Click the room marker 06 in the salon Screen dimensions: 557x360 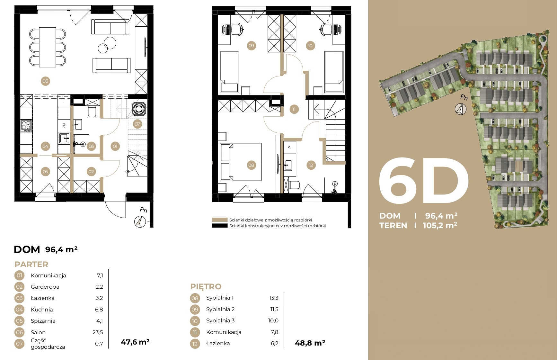coord(45,81)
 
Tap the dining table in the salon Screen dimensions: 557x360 coord(48,47)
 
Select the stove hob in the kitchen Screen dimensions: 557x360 coord(26,126)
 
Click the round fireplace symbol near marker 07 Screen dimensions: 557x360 coord(139,108)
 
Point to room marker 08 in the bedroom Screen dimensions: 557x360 coord(251,165)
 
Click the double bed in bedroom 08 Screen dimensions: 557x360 coord(241,162)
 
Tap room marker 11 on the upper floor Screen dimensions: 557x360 coord(294,109)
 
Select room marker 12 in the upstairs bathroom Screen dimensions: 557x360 coord(311,165)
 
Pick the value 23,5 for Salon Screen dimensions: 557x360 coord(98,332)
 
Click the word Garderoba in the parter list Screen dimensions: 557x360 coord(45,287)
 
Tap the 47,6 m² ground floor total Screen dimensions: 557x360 coord(135,342)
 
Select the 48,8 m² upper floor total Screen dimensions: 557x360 coord(310,343)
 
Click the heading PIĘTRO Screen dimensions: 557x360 coord(206,286)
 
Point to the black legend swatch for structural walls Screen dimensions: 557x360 coord(220,226)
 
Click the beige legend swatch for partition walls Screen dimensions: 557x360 coord(220,220)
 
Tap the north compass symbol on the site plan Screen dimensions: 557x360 coord(461,109)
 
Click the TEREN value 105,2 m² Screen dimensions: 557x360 coord(440,225)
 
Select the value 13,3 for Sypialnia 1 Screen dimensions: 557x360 coord(274,298)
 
